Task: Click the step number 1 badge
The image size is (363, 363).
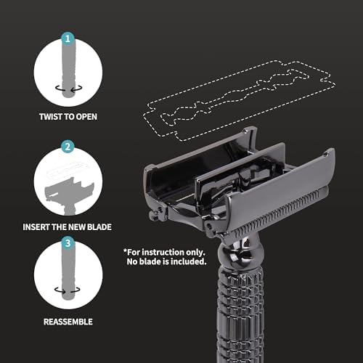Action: pos(68,38)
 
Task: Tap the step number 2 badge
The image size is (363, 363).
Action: pos(68,147)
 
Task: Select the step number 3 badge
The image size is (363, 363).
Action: pos(68,242)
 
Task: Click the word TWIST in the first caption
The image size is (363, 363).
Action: pos(50,117)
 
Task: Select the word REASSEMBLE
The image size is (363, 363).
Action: pos(68,322)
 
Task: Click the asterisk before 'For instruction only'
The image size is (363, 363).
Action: pos(125,250)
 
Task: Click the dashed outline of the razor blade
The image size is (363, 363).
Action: pos(239,101)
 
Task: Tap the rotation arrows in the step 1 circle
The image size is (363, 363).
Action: pos(69,88)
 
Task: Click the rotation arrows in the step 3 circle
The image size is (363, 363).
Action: pos(68,290)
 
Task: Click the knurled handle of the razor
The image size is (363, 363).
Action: pos(240,314)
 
